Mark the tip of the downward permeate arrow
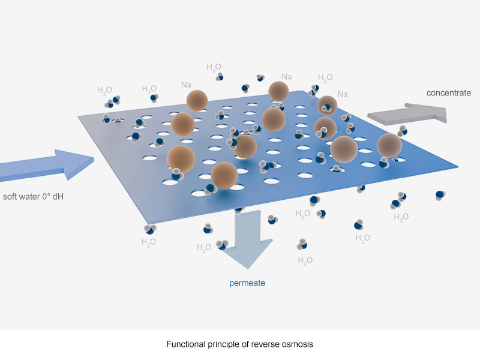(248, 268)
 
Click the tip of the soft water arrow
(95, 159)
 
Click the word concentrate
(448, 92)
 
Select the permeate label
(247, 283)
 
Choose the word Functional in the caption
(184, 345)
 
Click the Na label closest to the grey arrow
(342, 94)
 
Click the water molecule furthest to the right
(440, 194)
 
